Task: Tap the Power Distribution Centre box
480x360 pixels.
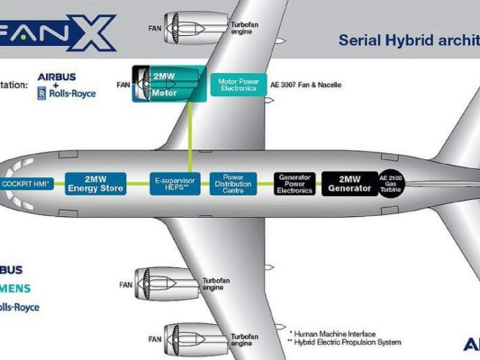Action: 233,183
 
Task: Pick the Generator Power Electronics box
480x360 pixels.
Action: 295,184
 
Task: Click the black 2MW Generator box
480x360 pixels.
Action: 349,184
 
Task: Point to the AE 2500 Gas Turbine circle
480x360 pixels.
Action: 389,184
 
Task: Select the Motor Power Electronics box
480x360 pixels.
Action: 239,85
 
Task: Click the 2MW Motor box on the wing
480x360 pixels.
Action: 161,84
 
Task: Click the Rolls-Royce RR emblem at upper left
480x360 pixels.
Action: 42,91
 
